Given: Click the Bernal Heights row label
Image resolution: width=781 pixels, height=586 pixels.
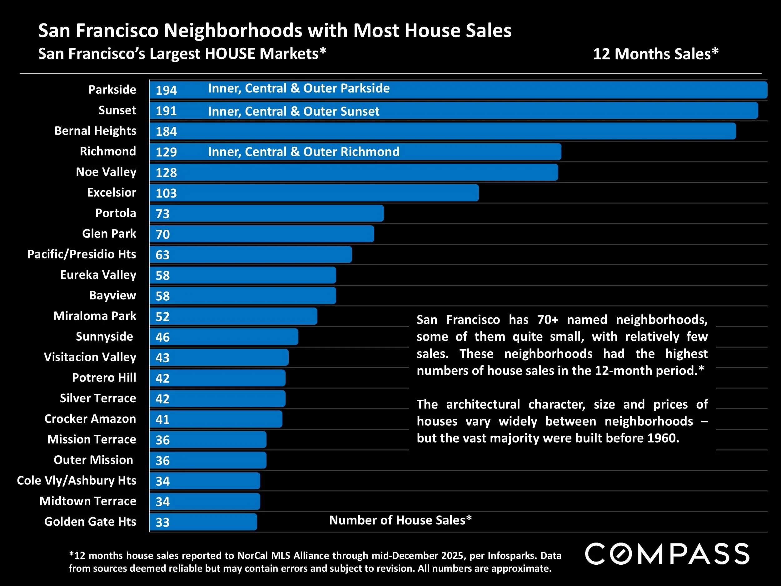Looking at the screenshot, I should pyautogui.click(x=95, y=131).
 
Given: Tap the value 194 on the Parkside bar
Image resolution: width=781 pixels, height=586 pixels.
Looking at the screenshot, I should pyautogui.click(x=166, y=90).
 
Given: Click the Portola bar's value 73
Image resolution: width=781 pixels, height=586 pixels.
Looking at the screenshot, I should pyautogui.click(x=162, y=214).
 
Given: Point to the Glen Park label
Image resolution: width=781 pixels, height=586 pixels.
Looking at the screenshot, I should pyautogui.click(x=109, y=233).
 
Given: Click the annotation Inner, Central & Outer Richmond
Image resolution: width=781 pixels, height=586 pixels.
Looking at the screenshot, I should pyautogui.click(x=304, y=152).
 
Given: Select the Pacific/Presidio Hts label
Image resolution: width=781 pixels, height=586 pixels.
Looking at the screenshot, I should pyautogui.click(x=82, y=254).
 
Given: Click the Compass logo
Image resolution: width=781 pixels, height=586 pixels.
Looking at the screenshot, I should pyautogui.click(x=667, y=554).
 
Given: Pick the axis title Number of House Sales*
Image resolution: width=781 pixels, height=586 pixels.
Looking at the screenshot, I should pyautogui.click(x=400, y=520).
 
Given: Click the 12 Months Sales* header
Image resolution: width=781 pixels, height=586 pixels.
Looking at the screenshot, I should pyautogui.click(x=656, y=54).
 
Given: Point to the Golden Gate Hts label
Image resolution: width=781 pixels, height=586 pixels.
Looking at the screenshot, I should pyautogui.click(x=90, y=521).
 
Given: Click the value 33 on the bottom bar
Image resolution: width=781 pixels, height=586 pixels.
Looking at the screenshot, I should pyautogui.click(x=162, y=523).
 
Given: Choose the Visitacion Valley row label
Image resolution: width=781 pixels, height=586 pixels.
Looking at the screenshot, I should pyautogui.click(x=90, y=357).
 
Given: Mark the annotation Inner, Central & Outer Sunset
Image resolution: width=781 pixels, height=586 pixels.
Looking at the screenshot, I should pyautogui.click(x=293, y=111).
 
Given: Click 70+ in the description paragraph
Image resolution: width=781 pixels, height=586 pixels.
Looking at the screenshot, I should pyautogui.click(x=548, y=320).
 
